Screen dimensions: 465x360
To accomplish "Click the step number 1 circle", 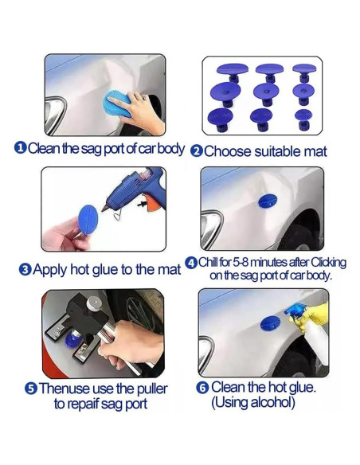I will coord(19,148).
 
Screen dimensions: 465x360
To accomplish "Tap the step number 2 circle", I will coord(197,150).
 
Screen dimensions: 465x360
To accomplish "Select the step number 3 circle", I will coord(25,270).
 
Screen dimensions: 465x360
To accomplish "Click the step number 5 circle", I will coord(30,389).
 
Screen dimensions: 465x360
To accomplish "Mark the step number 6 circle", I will coord(202,387).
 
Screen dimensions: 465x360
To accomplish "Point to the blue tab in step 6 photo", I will coord(271,323).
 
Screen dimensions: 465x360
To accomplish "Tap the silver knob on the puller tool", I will coord(93,304).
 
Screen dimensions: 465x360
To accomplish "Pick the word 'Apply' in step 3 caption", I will coord(52,270).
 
